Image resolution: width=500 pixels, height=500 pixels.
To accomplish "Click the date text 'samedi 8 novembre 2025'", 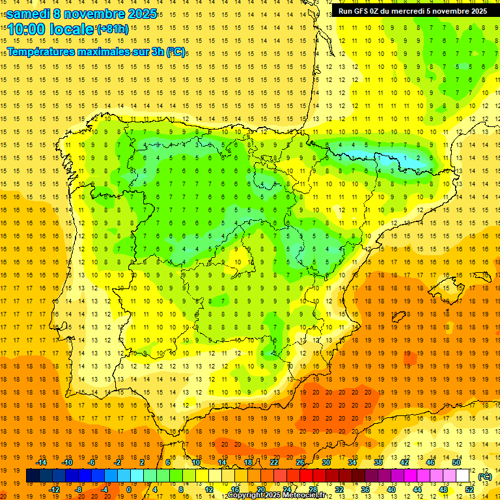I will pos(81,13).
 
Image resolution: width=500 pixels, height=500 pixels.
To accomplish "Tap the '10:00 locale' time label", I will pos(51,29).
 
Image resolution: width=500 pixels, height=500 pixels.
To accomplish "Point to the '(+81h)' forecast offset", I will pos(113,29).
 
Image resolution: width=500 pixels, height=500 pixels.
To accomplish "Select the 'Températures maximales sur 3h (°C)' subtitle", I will pos(96,51).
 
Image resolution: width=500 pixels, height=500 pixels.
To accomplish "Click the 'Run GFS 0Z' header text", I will pos(364,10).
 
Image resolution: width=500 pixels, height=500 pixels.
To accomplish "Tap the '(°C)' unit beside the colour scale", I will pos(484,476).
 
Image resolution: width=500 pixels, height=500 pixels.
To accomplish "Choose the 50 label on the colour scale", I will pos(456,462).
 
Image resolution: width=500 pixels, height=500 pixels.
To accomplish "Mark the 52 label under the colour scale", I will pos(469,490).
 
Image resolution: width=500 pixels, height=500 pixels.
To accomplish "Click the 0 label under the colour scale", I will pos(130,490).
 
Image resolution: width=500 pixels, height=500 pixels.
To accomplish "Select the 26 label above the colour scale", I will pos(300,462).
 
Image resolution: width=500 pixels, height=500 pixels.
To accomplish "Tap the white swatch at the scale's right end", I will pos(463,476).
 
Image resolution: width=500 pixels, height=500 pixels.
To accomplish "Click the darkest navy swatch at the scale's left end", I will pos(33,476).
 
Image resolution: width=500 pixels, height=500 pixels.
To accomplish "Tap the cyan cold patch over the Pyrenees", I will pos(391,158).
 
